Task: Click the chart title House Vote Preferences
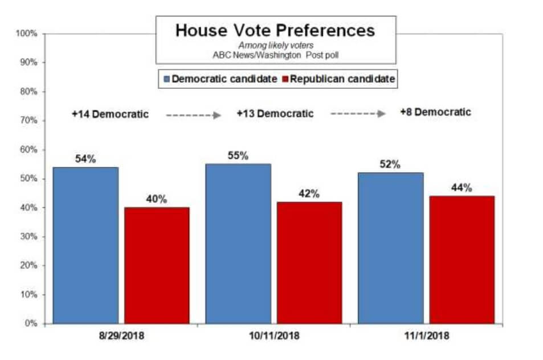tap(275, 30)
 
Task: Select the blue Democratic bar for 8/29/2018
tap(85, 245)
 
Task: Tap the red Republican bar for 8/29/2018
tap(157, 265)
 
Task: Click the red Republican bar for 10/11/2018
tap(309, 262)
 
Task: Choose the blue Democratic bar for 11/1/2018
tap(390, 248)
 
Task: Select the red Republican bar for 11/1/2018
tap(462, 259)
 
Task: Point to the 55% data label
tap(238, 156)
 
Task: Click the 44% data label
tap(462, 188)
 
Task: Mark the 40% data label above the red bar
tap(157, 199)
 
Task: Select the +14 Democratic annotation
tap(110, 114)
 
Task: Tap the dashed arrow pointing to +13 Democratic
tap(193, 115)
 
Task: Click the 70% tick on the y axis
tap(28, 121)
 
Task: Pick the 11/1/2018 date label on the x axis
tap(427, 336)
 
